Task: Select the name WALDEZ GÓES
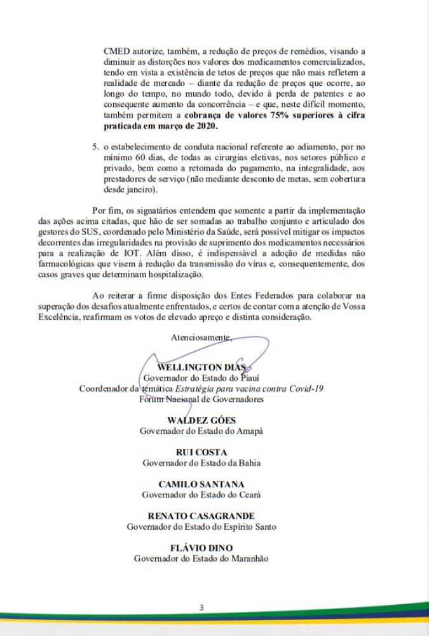coord(201,420)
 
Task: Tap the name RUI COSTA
coord(201,452)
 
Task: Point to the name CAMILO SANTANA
coord(201,484)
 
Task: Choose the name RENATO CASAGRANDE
coord(201,516)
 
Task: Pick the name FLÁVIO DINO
coord(201,548)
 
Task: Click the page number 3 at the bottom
coord(201,607)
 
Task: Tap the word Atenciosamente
coord(201,337)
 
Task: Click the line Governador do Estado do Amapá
coord(201,431)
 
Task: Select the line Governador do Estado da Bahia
coord(201,462)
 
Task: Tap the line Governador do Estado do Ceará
coord(201,494)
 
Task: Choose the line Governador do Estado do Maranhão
coord(201,558)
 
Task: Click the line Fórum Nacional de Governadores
coord(201,399)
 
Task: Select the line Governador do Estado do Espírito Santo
coord(201,526)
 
